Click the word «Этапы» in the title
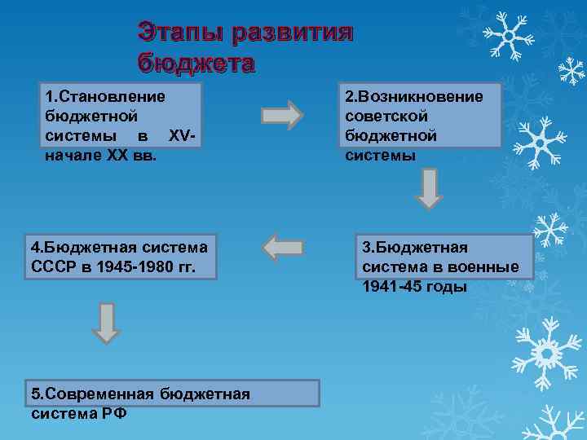click(180, 33)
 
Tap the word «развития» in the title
click(291, 33)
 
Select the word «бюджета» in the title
click(196, 63)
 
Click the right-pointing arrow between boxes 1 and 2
click(283, 115)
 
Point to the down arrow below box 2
click(430, 189)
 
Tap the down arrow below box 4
click(106, 323)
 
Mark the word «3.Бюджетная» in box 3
click(415, 247)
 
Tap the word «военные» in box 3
click(489, 266)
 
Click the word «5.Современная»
click(92, 394)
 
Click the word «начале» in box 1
click(70, 152)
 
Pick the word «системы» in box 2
click(380, 154)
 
